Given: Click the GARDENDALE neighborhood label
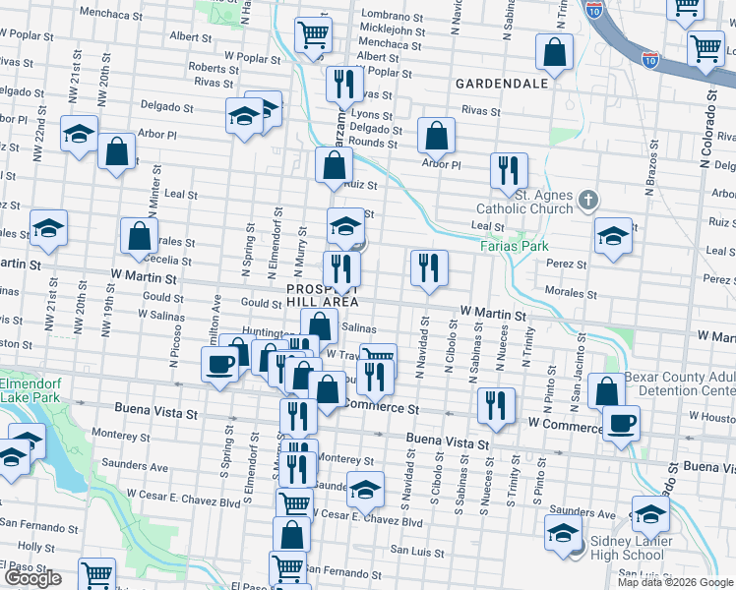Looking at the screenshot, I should coord(501,84).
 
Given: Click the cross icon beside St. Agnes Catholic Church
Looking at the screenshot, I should coord(588,201).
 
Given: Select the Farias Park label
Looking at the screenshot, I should coord(514,246).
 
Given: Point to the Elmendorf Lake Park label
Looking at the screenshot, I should coord(29,390).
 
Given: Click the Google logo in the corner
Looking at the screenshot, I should coord(33,578).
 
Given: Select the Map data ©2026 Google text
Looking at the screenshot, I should coord(676,582).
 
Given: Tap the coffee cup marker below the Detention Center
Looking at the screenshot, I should coord(620,423).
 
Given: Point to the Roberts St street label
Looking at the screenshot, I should coord(208,68).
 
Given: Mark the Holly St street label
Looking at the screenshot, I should coord(36,546).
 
